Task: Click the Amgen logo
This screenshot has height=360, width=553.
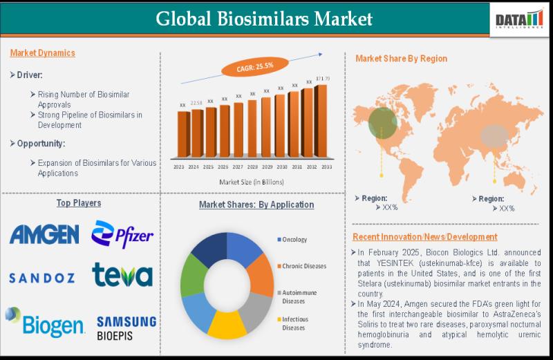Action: point(44,235)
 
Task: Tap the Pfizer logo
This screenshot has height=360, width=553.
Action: point(122,234)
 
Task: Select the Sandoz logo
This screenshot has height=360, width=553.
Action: point(41,278)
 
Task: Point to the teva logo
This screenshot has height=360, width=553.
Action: point(122,275)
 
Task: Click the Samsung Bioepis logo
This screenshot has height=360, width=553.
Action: point(126,328)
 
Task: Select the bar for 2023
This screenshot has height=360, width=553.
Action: point(182,134)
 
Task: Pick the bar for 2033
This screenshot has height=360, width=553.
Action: point(321,120)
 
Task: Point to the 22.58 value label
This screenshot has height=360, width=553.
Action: point(196,104)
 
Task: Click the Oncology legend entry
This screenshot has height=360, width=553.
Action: point(294,240)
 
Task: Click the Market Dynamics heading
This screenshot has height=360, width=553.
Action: point(43,53)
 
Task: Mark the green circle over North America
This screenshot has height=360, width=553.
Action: point(382,123)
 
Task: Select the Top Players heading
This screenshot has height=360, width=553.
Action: point(78,203)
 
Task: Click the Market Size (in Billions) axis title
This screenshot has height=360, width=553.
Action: point(251,182)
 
